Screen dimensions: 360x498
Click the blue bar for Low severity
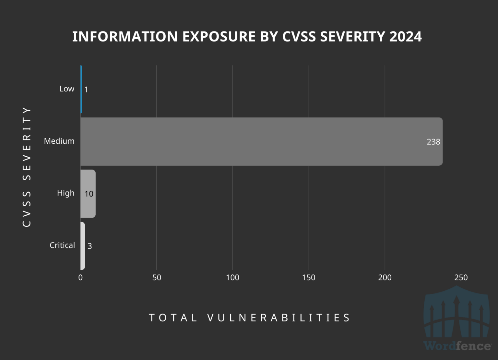pos(81,90)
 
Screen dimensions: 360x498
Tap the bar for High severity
pos(88,194)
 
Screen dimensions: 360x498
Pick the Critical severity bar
pos(83,246)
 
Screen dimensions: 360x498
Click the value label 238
pos(433,142)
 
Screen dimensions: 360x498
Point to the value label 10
pos(89,194)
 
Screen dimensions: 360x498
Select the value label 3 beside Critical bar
pos(90,246)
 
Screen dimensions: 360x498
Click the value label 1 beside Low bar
pos(86,90)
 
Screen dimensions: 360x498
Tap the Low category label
pos(67,89)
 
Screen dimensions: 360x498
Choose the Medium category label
pos(59,141)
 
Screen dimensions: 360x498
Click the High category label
pos(65,193)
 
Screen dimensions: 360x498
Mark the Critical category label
pos(62,245)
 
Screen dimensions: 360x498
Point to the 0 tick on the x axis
pos(80,278)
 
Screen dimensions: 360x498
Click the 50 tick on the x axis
pos(157,278)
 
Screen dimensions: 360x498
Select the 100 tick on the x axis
pos(232,278)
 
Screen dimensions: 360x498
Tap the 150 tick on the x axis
pos(309,278)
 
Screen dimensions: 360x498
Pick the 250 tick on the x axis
pos(461,278)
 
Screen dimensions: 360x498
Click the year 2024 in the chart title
pos(405,36)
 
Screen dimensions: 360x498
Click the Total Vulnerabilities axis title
pos(249,318)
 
